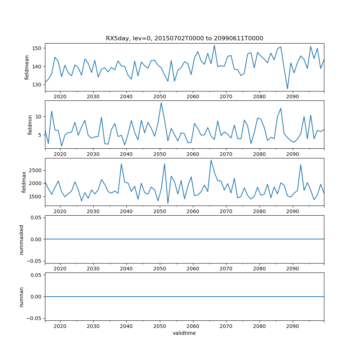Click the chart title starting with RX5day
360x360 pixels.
(184, 38)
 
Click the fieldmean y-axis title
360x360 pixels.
(27, 68)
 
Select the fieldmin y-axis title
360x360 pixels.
(30, 125)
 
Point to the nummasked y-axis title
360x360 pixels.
(21, 239)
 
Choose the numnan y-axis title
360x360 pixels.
(21, 297)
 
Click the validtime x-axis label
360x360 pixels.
(184, 333)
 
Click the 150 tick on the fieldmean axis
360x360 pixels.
(37, 48)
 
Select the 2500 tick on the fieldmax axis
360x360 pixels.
(36, 170)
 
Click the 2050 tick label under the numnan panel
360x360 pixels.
(159, 327)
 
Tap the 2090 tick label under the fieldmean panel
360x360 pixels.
(292, 97)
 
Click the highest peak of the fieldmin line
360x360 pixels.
(161, 103)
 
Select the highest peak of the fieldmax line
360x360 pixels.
(211, 160)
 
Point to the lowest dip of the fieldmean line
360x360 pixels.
(287, 89)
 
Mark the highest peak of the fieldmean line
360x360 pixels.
(214, 45)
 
